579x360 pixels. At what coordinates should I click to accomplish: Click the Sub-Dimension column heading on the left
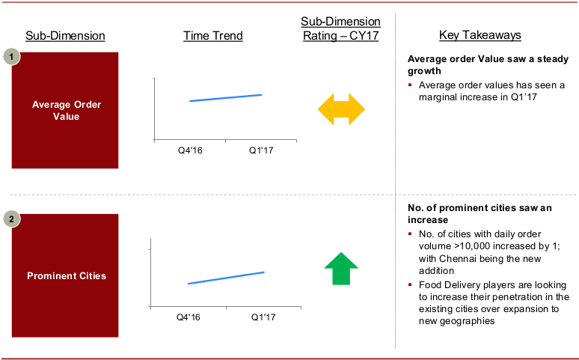point(65,36)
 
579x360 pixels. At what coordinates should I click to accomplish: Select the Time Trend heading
point(213,36)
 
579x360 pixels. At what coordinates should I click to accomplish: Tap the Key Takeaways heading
point(480,35)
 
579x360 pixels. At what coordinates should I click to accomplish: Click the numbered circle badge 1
point(11,57)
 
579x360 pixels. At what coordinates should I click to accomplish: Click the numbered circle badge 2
point(11,219)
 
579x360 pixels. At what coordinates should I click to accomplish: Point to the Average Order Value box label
point(67,111)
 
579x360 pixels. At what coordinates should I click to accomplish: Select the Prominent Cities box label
point(67,275)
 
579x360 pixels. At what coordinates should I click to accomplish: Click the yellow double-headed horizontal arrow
point(341,109)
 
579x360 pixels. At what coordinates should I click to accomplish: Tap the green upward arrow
point(341,269)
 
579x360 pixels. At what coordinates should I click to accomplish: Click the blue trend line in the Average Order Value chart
point(226,98)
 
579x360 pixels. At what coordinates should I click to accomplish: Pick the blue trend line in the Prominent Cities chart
point(226,278)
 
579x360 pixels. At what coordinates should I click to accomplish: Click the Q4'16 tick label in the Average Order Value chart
point(190,150)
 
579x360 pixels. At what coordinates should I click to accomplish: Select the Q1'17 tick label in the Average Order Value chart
point(261,150)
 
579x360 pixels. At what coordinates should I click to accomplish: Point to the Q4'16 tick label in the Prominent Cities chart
point(189,317)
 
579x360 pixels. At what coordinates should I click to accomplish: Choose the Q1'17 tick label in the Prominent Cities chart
point(263,317)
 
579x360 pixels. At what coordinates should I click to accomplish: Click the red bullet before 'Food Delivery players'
point(410,284)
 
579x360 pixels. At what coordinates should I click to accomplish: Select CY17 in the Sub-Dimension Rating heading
point(364,36)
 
